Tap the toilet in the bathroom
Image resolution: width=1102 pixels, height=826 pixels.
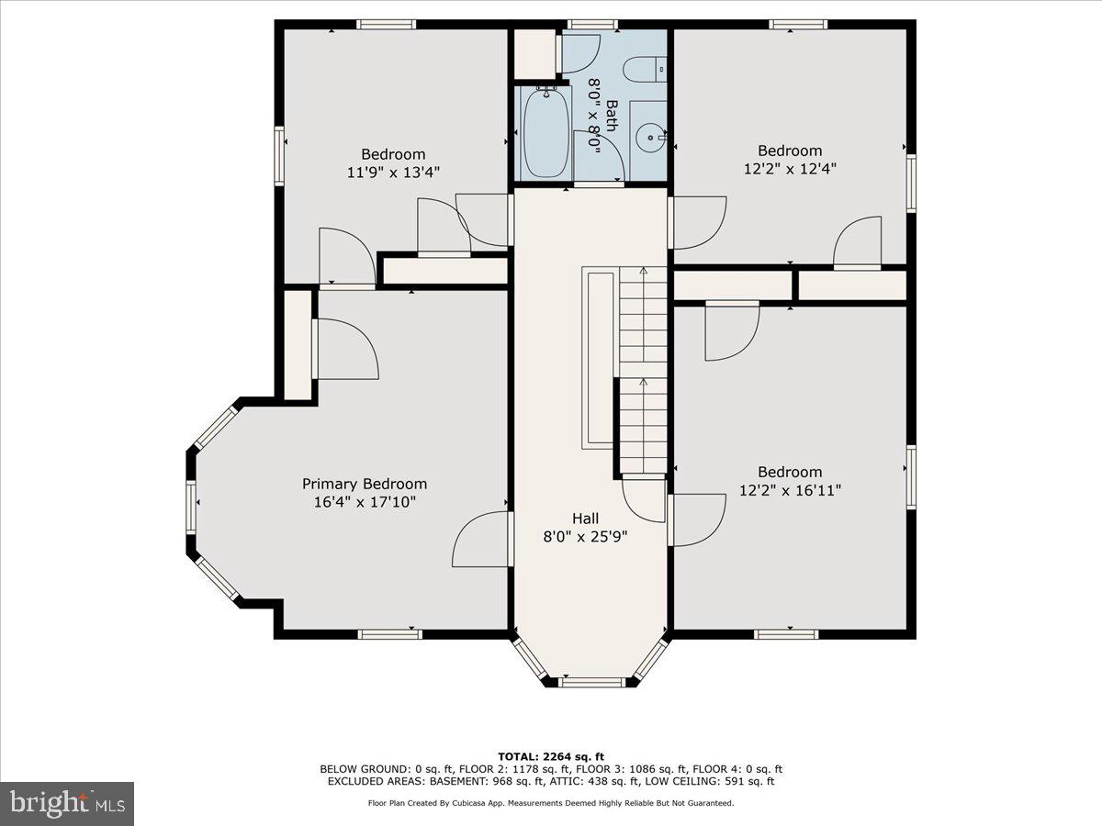[x=642, y=69]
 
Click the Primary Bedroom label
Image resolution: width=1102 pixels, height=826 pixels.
[x=365, y=484]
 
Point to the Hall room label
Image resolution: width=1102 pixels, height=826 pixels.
[x=585, y=519]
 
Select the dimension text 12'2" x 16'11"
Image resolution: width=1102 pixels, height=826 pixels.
[x=790, y=490]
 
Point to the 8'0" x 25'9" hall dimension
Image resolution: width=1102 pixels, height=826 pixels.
[x=585, y=536]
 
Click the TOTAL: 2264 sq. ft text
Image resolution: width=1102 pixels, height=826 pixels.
[x=551, y=755]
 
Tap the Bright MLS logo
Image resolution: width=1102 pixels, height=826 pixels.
[x=67, y=803]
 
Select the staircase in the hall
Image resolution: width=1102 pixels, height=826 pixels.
[x=643, y=372]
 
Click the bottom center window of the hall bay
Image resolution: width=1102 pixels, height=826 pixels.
[x=591, y=682]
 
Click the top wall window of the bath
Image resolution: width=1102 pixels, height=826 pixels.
[x=591, y=24]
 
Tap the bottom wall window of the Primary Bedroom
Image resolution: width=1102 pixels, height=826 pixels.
[x=389, y=633]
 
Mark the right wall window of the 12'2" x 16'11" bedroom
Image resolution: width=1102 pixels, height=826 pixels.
[x=911, y=477]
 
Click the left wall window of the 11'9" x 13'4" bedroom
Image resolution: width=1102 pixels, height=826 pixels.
[x=279, y=156]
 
